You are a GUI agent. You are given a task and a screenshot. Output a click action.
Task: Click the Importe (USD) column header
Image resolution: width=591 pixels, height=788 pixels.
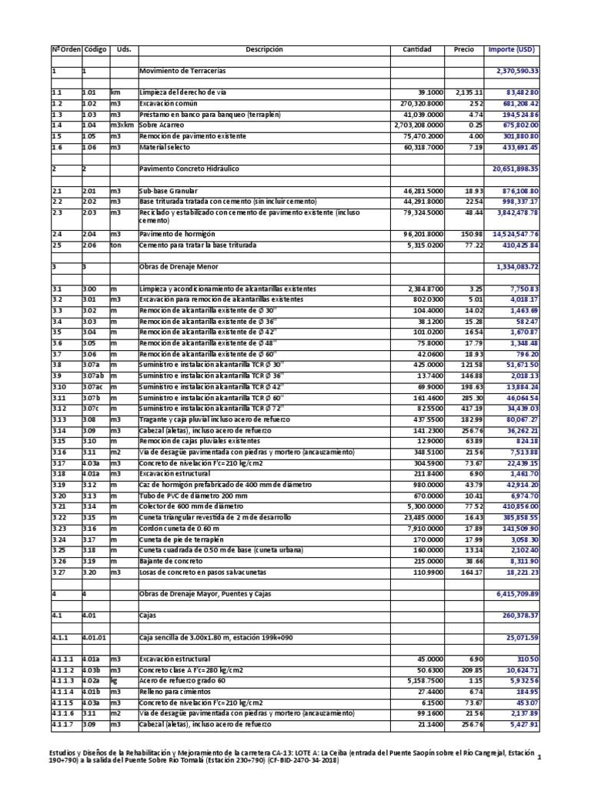pos(511,49)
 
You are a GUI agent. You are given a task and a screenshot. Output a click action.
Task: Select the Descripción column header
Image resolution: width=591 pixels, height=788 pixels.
pos(264,49)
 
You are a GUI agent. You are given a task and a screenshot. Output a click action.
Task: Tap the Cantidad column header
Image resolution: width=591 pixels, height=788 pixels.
pos(417,49)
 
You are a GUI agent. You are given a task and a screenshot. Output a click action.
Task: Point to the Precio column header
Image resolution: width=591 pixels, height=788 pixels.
pos(464,49)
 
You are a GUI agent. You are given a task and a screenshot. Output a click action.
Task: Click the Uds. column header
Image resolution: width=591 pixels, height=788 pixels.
pos(123,49)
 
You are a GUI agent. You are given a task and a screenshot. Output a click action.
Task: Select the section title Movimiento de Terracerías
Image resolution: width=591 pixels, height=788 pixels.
pos(182,71)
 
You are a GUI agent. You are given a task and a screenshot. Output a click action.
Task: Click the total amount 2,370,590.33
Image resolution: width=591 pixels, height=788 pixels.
pos(527,71)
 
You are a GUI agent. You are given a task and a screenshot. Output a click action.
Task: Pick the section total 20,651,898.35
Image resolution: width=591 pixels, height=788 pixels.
pos(526,168)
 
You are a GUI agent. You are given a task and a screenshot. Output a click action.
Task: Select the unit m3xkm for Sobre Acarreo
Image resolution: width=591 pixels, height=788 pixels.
pos(122,125)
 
